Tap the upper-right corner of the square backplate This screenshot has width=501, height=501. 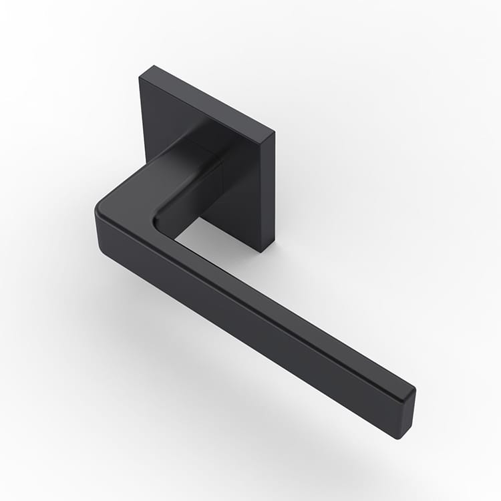click(274, 132)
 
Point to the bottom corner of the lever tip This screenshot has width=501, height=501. click(399, 438)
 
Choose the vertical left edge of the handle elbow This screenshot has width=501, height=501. click(97, 227)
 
